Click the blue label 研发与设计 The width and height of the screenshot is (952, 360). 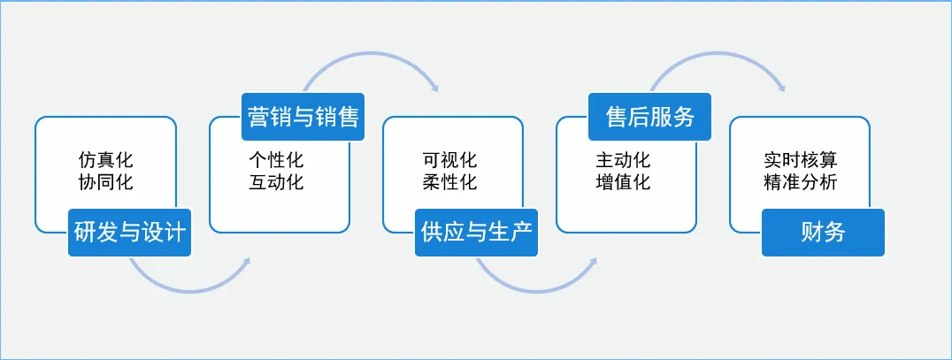[129, 233]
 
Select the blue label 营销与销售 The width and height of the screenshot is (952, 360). [303, 117]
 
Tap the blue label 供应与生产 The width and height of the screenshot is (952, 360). [476, 233]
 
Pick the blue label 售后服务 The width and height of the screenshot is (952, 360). [650, 117]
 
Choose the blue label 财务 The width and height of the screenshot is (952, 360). [823, 233]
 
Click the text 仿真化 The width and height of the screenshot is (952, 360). [106, 161]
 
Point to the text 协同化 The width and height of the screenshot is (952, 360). [106, 183]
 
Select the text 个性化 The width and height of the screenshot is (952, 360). [276, 161]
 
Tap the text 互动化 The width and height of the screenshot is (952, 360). [276, 183]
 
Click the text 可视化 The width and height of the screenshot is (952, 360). [449, 161]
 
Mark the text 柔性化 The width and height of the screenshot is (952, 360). [449, 183]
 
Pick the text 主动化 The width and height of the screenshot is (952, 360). [623, 161]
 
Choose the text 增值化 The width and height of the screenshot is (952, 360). [623, 183]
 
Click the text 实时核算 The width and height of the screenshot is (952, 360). [801, 161]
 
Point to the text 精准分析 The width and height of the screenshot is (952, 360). [801, 183]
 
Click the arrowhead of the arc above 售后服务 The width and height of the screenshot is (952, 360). [780, 87]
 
